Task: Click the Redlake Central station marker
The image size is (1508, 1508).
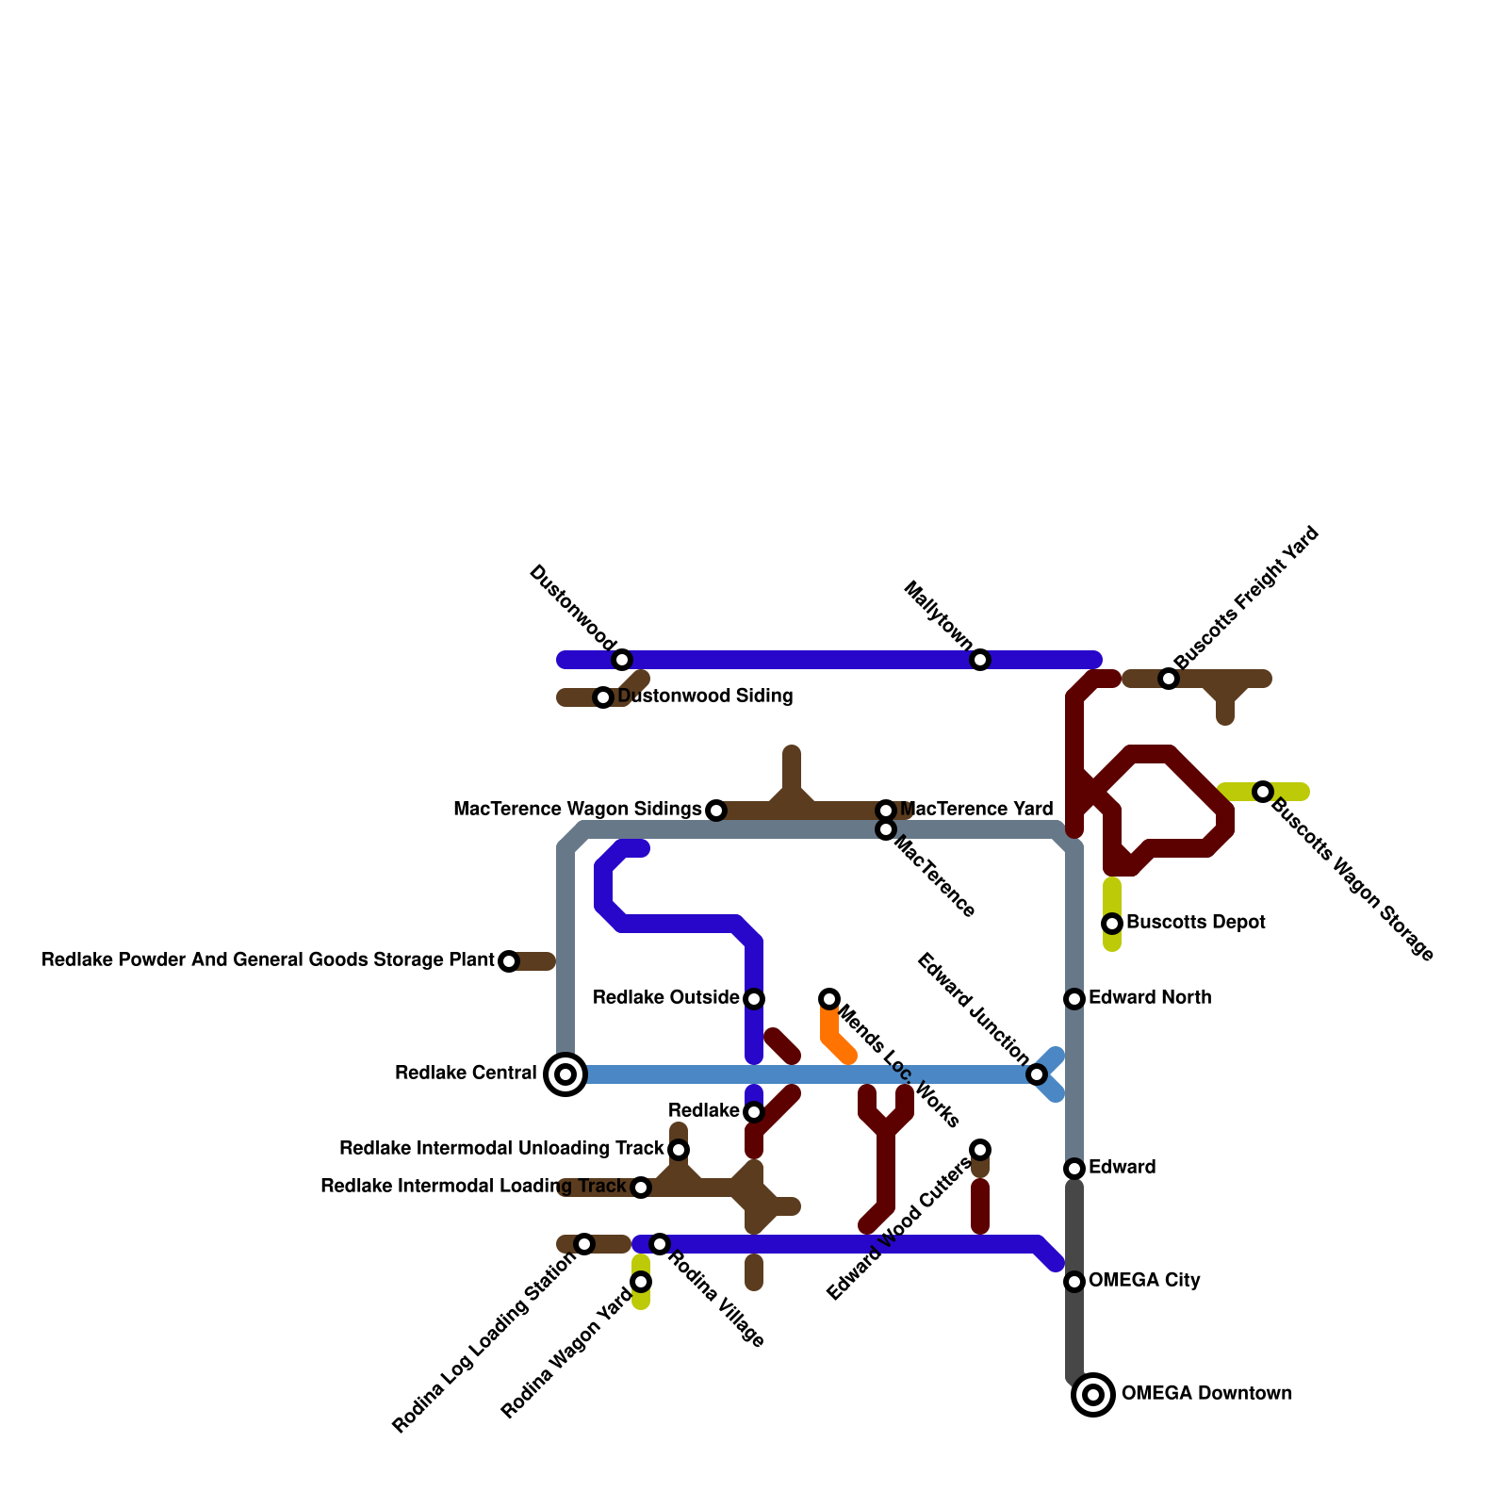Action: pyautogui.click(x=565, y=1074)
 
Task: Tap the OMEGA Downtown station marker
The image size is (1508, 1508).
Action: pyautogui.click(x=1093, y=1395)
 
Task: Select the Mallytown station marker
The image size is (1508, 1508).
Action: pyautogui.click(x=980, y=660)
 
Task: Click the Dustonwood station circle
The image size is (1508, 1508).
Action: pyautogui.click(x=622, y=660)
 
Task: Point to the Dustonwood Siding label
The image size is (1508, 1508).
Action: pyautogui.click(x=705, y=697)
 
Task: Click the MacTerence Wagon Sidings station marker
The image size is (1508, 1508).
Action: pyautogui.click(x=716, y=811)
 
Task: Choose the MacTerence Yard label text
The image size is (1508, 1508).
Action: pyautogui.click(x=976, y=810)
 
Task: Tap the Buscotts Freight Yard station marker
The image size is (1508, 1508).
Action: pyautogui.click(x=1169, y=679)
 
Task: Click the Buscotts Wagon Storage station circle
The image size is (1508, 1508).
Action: pyautogui.click(x=1263, y=792)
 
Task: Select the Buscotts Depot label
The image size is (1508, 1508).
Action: pyautogui.click(x=1195, y=923)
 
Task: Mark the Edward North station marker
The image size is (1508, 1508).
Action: pyautogui.click(x=1074, y=999)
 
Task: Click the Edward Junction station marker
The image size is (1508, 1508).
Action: pyautogui.click(x=1037, y=1074)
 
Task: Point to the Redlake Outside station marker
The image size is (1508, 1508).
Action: pyautogui.click(x=754, y=999)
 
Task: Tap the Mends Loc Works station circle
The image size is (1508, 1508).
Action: pyautogui.click(x=829, y=999)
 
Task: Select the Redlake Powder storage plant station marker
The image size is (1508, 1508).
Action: pyautogui.click(x=509, y=961)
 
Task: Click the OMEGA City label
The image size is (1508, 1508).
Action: pyautogui.click(x=1144, y=1281)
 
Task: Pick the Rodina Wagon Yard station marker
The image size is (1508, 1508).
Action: pyautogui.click(x=641, y=1282)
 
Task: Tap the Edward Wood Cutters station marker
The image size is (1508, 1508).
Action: pyautogui.click(x=980, y=1150)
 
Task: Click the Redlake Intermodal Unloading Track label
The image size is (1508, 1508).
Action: pyautogui.click(x=501, y=1149)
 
